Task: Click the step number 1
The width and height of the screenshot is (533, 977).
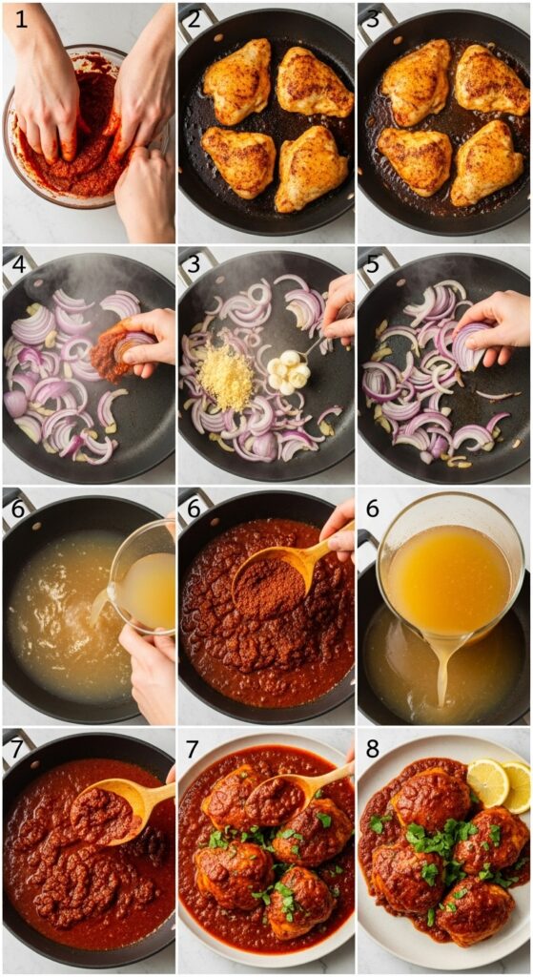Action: click(x=21, y=18)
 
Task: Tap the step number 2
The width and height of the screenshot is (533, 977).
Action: click(x=195, y=19)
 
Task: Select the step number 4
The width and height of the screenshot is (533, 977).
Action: click(x=18, y=263)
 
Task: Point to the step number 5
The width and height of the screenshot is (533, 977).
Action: click(x=374, y=263)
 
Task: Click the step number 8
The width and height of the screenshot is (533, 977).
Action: click(x=374, y=750)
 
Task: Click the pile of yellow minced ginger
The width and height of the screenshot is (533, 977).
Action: click(x=226, y=378)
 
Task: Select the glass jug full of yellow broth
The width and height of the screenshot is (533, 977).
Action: click(x=448, y=572)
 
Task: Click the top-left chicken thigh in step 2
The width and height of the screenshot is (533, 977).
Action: click(x=237, y=80)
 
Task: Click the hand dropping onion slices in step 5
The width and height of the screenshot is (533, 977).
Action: click(x=495, y=324)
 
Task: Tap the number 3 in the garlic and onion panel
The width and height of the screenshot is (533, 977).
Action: click(x=195, y=263)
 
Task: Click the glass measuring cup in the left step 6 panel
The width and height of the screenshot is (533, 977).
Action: click(x=144, y=577)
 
